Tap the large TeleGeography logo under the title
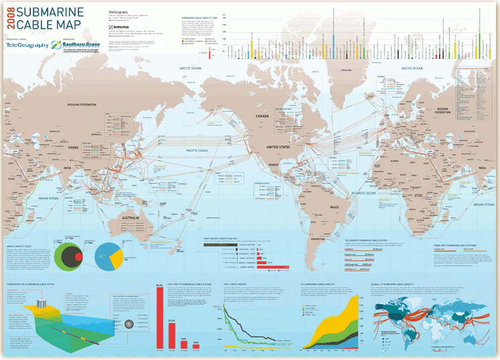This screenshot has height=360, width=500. point(27,46)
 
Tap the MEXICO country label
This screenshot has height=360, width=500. point(273,164)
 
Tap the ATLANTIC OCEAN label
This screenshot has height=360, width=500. point(365,193)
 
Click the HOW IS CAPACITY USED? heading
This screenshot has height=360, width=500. point(19,247)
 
